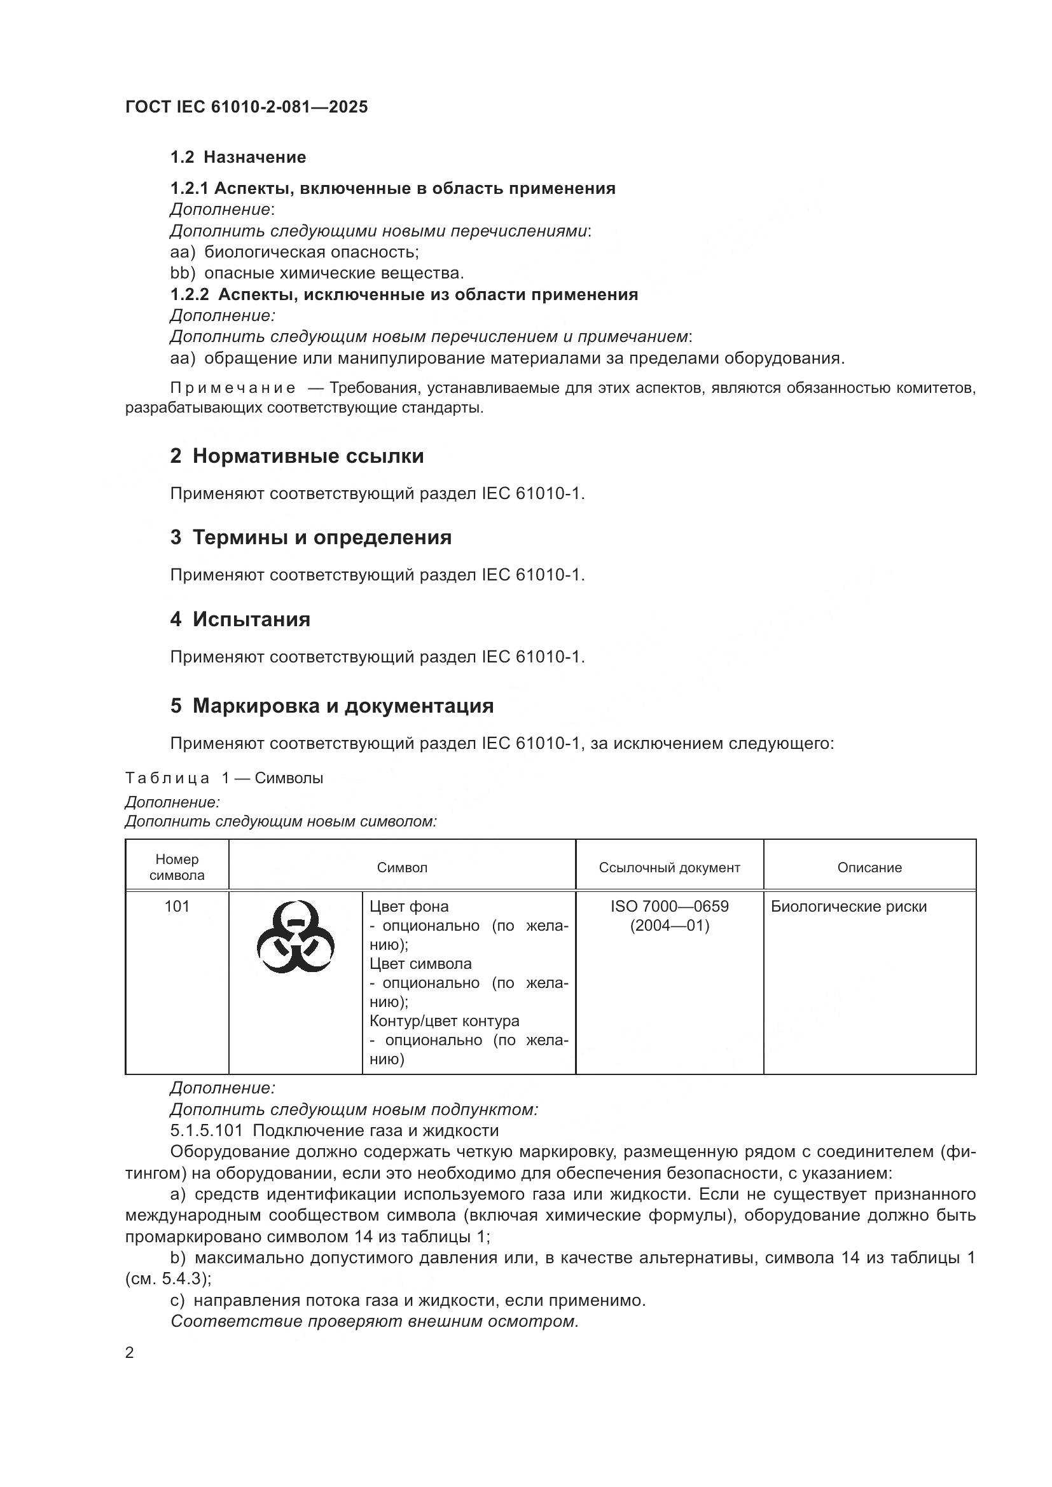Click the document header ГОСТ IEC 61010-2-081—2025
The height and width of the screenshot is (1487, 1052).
pos(246,107)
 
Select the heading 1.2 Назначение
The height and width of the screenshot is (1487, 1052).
pos(238,158)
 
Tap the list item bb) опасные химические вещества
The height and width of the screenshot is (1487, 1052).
pos(317,273)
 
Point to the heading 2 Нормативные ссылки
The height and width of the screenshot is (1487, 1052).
pos(296,456)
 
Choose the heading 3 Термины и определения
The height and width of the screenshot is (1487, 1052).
pos(310,538)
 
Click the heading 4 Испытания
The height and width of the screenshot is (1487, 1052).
pos(240,619)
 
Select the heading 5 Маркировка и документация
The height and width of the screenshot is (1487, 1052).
pos(331,705)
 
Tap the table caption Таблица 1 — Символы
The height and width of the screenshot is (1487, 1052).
pos(223,778)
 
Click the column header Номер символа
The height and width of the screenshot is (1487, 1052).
pos(177,867)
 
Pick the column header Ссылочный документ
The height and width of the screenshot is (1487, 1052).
pos(669,868)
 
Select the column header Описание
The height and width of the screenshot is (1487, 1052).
pos(869,868)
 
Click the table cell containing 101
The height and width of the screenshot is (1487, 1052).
pos(177,907)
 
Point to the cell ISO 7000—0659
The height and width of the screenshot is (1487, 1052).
pos(669,907)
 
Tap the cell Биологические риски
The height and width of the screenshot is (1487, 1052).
pos(848,907)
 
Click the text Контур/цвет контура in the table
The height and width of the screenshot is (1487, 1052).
pos(445,1022)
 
